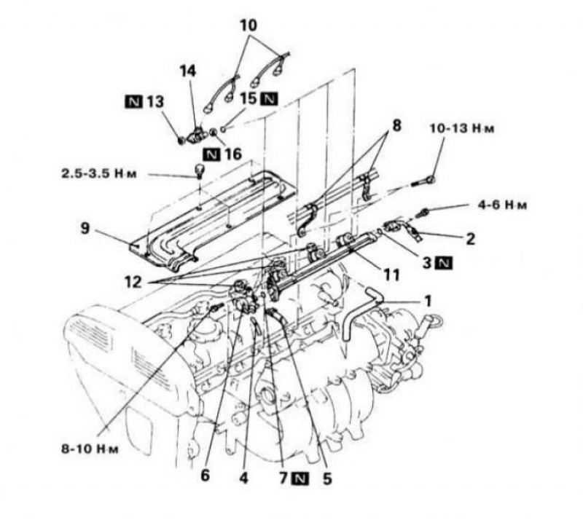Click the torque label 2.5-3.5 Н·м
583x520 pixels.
99,174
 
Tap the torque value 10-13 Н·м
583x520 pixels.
462,129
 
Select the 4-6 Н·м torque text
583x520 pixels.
502,205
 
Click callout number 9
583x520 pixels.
85,229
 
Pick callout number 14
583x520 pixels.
188,71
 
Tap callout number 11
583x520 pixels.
391,275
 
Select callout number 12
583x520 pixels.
133,283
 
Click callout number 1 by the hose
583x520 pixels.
428,301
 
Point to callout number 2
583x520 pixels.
470,239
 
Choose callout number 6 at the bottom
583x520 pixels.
205,476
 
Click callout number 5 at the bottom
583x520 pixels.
326,478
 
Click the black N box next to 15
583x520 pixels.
270,98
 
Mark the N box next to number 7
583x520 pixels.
300,478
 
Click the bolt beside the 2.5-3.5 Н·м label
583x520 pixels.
200,170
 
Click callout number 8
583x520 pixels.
396,126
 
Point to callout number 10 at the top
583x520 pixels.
249,25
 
